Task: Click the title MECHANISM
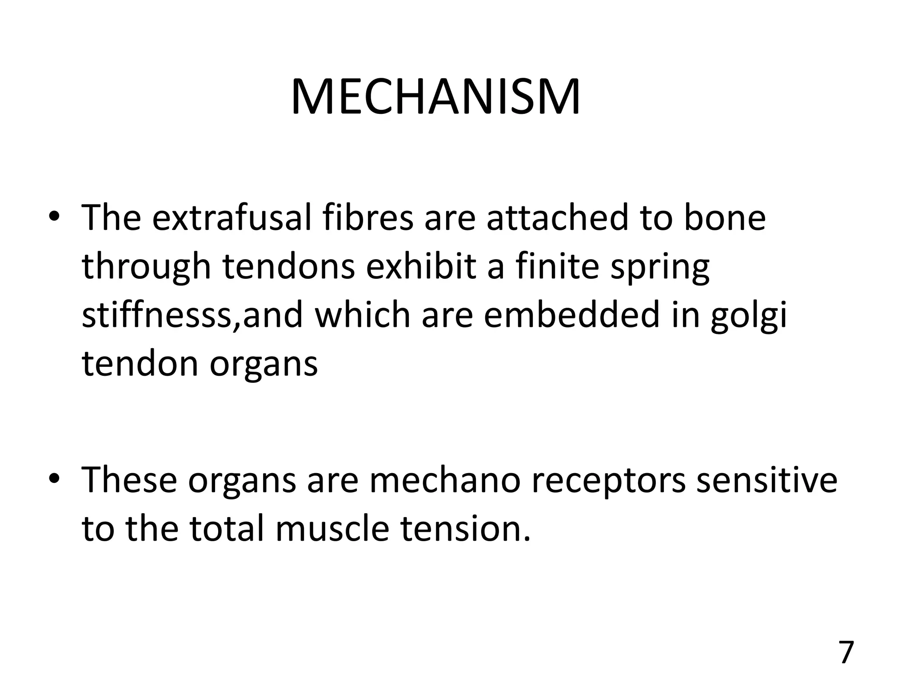pos(435,97)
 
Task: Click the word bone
pos(724,217)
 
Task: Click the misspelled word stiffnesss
pos(158,315)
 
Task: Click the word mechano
pos(445,480)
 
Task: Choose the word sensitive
pos(766,480)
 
